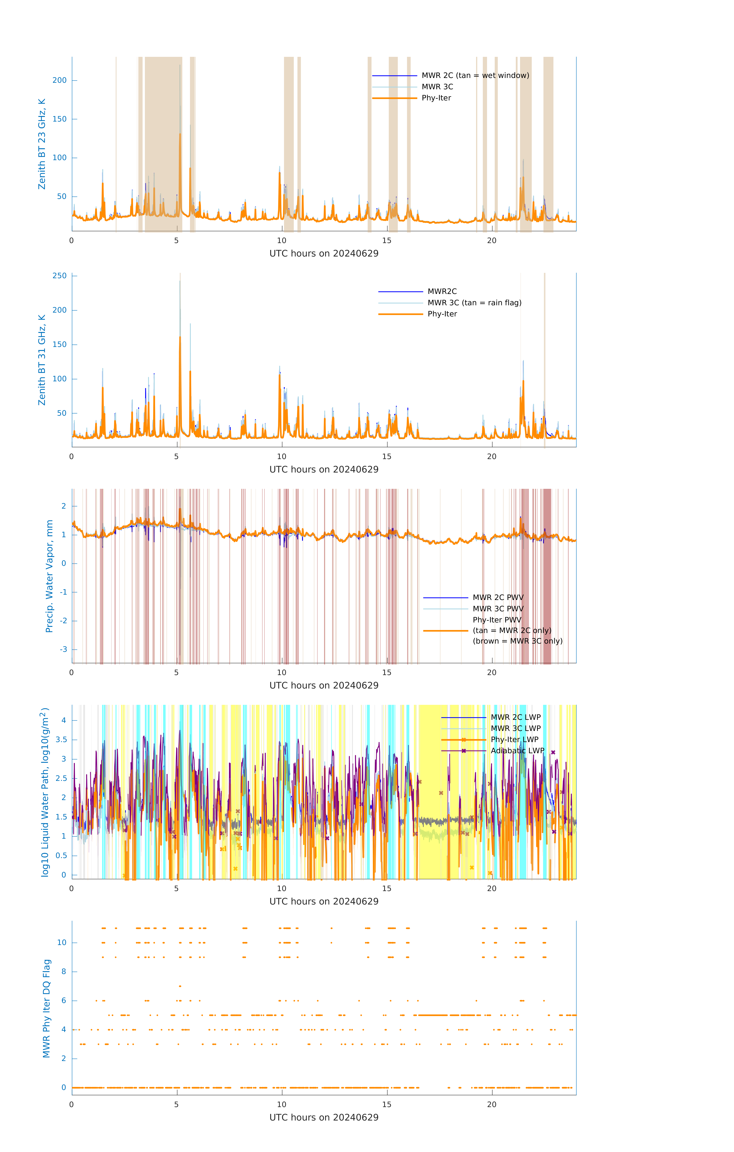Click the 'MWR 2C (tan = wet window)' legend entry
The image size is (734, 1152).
coord(475,76)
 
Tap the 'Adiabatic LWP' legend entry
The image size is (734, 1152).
coord(517,751)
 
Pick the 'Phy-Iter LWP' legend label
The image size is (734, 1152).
coord(514,740)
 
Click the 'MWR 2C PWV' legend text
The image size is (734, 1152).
coord(498,598)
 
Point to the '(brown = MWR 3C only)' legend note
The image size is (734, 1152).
coord(517,641)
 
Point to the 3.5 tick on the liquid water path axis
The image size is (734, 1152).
coord(61,740)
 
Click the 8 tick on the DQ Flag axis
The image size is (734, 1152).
coord(64,972)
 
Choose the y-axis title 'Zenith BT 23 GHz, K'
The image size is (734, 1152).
coord(42,144)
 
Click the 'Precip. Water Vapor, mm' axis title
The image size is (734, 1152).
coord(49,576)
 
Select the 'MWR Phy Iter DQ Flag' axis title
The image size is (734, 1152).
coord(46,1008)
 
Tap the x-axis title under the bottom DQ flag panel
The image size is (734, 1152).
coord(324,1118)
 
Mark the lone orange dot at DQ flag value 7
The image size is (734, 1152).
coord(180,986)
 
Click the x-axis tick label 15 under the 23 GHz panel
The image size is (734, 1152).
coord(386,241)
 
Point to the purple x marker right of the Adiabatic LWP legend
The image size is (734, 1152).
coord(553,752)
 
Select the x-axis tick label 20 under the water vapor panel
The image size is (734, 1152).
coord(492,673)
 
